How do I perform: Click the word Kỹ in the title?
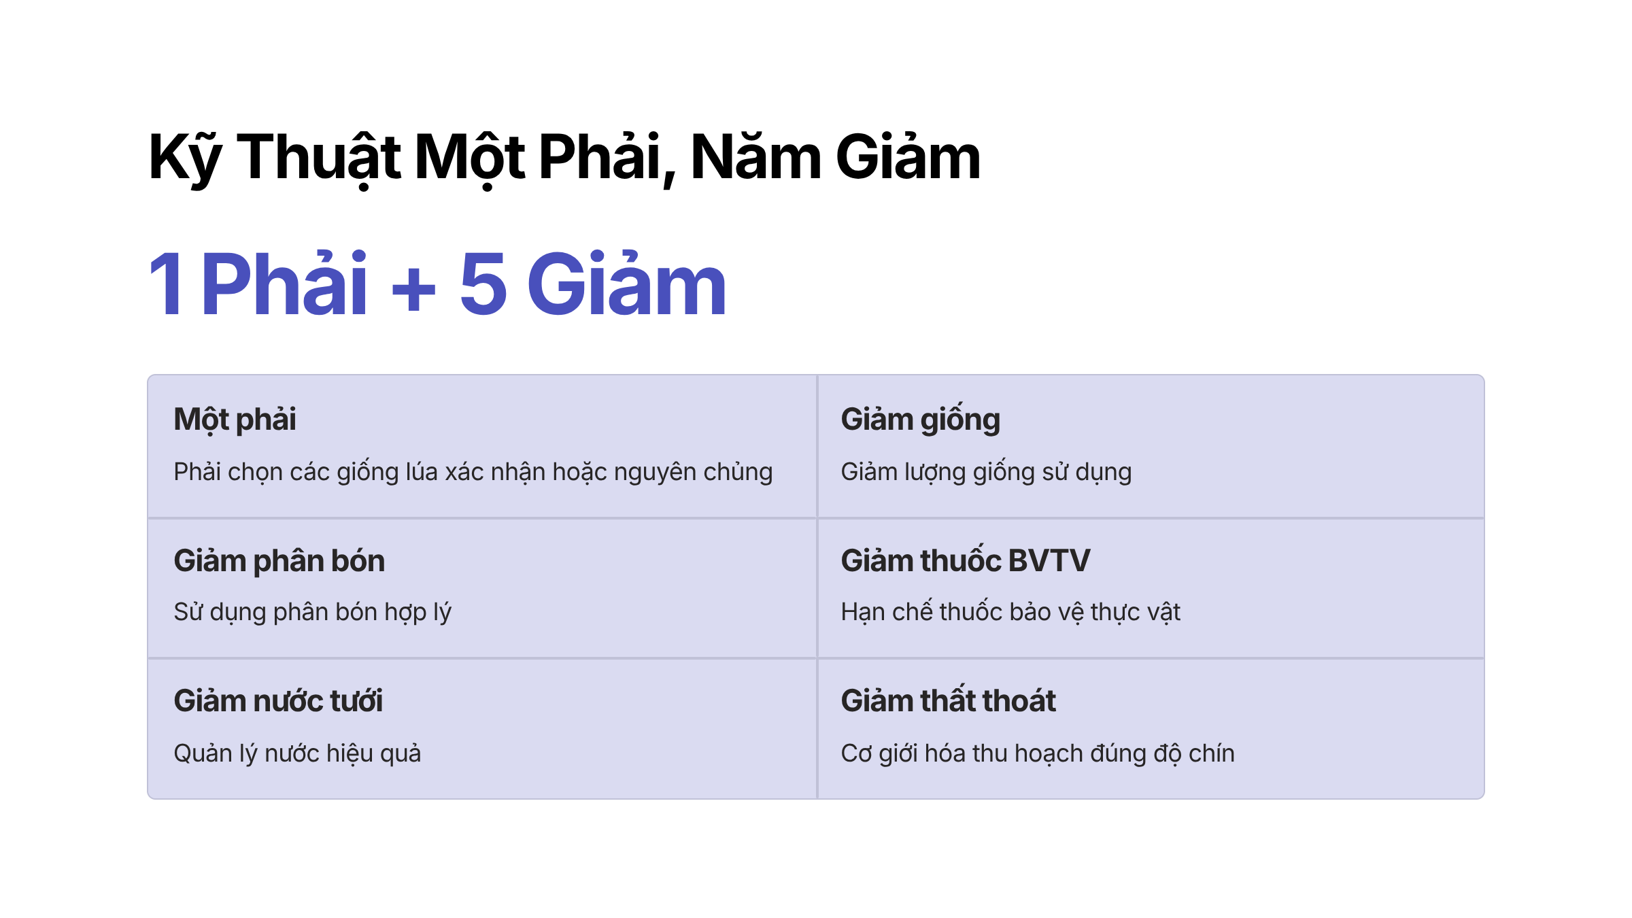tap(185, 158)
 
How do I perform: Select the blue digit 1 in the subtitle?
tap(166, 284)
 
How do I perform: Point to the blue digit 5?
tap(483, 284)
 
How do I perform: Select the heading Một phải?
tap(235, 420)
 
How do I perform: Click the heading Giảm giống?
tap(920, 419)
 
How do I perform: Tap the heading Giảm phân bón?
tap(279, 561)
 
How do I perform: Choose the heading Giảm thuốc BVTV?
tap(966, 560)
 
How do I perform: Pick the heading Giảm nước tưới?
tap(278, 701)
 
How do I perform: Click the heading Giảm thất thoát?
tap(949, 700)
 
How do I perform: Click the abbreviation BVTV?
tap(1049, 561)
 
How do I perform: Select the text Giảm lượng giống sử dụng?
tap(986, 473)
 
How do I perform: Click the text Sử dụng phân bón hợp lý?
tap(313, 613)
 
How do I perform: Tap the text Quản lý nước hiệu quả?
tap(297, 753)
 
